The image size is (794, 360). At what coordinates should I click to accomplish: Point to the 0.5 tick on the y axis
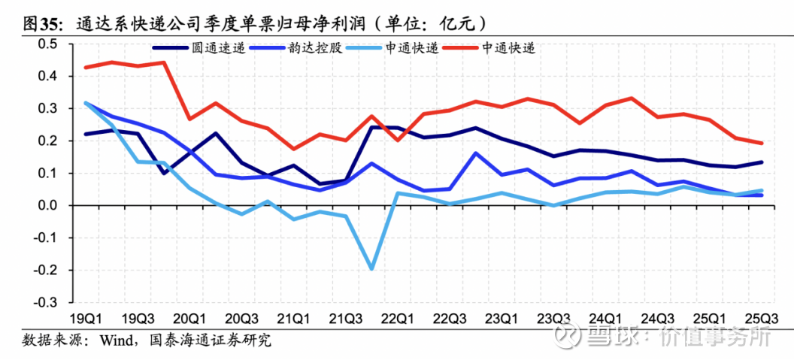coord(47,44)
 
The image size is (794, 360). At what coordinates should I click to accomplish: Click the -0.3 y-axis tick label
coord(46,302)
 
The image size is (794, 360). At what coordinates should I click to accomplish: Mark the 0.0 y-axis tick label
coord(47,205)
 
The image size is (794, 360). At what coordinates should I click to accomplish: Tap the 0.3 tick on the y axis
coord(47,108)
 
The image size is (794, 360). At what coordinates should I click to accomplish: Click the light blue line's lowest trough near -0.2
coord(371,268)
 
